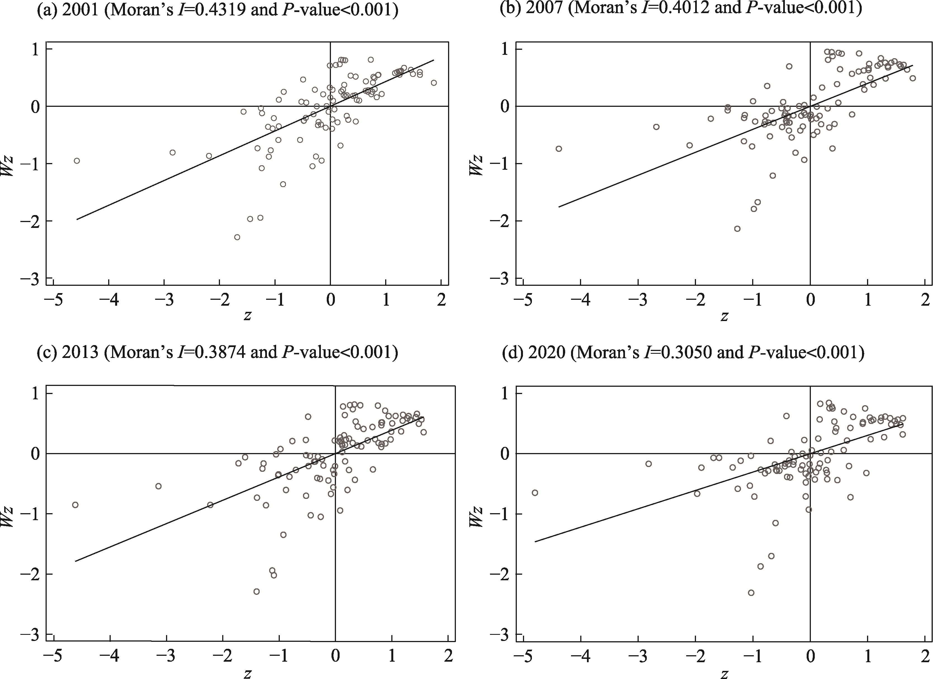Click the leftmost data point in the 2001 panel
click(x=77, y=161)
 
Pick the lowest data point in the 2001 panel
click(x=237, y=237)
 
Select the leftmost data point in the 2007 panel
click(x=559, y=148)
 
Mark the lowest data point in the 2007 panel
click(x=737, y=228)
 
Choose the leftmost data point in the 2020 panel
click(x=535, y=492)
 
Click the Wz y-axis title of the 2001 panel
click(x=8, y=166)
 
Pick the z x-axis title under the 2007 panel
click(x=724, y=316)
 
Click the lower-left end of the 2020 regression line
click(x=535, y=542)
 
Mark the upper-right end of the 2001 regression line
click(x=434, y=60)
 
